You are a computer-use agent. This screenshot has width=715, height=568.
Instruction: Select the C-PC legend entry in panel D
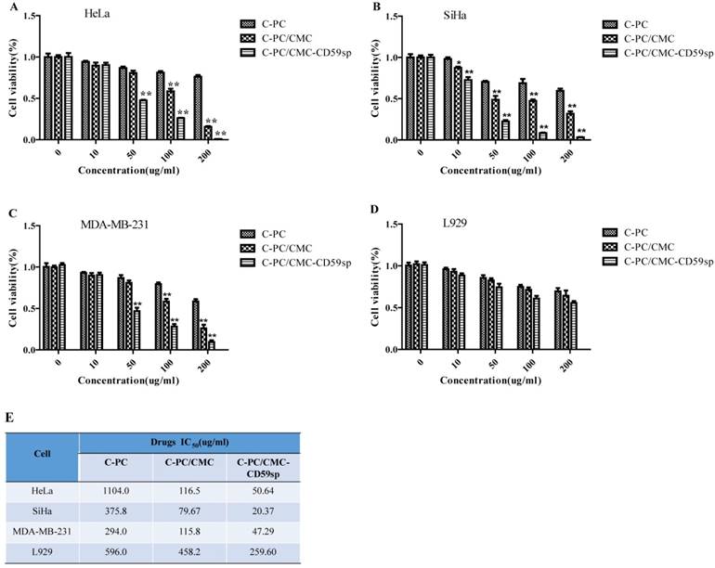tap(643, 231)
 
